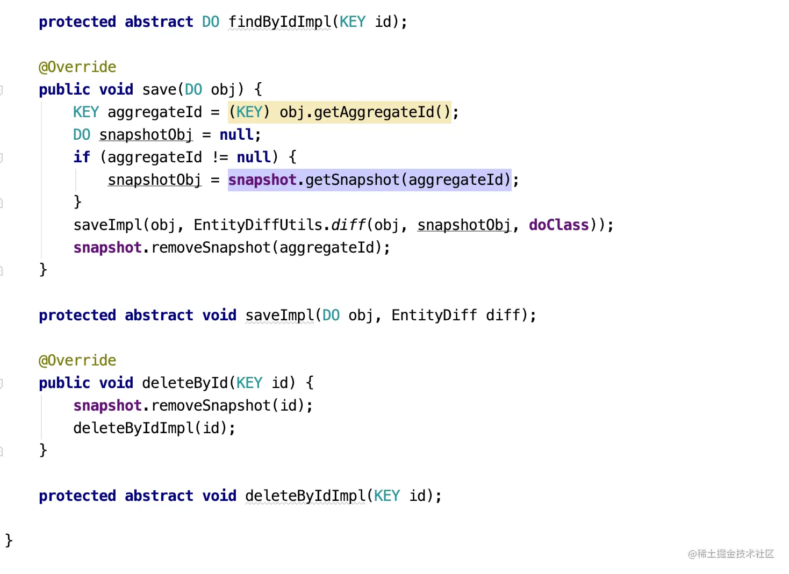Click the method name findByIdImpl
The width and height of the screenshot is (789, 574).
[280, 22]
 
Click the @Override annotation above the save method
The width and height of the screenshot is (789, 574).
[77, 67]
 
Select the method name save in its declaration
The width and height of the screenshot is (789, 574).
[159, 89]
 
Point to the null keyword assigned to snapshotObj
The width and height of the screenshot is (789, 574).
[236, 134]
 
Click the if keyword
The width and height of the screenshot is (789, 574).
[82, 157]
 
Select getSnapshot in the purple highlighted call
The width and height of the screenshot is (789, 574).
[352, 180]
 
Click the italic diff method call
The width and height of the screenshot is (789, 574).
[348, 225]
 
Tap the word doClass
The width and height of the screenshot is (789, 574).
[559, 225]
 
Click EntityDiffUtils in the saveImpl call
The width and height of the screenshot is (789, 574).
[258, 225]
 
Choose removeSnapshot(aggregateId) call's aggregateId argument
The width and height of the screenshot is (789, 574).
[327, 248]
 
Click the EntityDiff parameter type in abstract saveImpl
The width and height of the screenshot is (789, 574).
[434, 315]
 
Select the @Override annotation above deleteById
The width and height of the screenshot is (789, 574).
[77, 360]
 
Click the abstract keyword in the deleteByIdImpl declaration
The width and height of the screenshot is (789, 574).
[159, 496]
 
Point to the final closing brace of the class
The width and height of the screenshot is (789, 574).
[9, 541]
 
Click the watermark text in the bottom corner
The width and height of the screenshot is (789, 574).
[731, 554]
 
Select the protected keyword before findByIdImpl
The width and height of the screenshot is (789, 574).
[77, 22]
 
